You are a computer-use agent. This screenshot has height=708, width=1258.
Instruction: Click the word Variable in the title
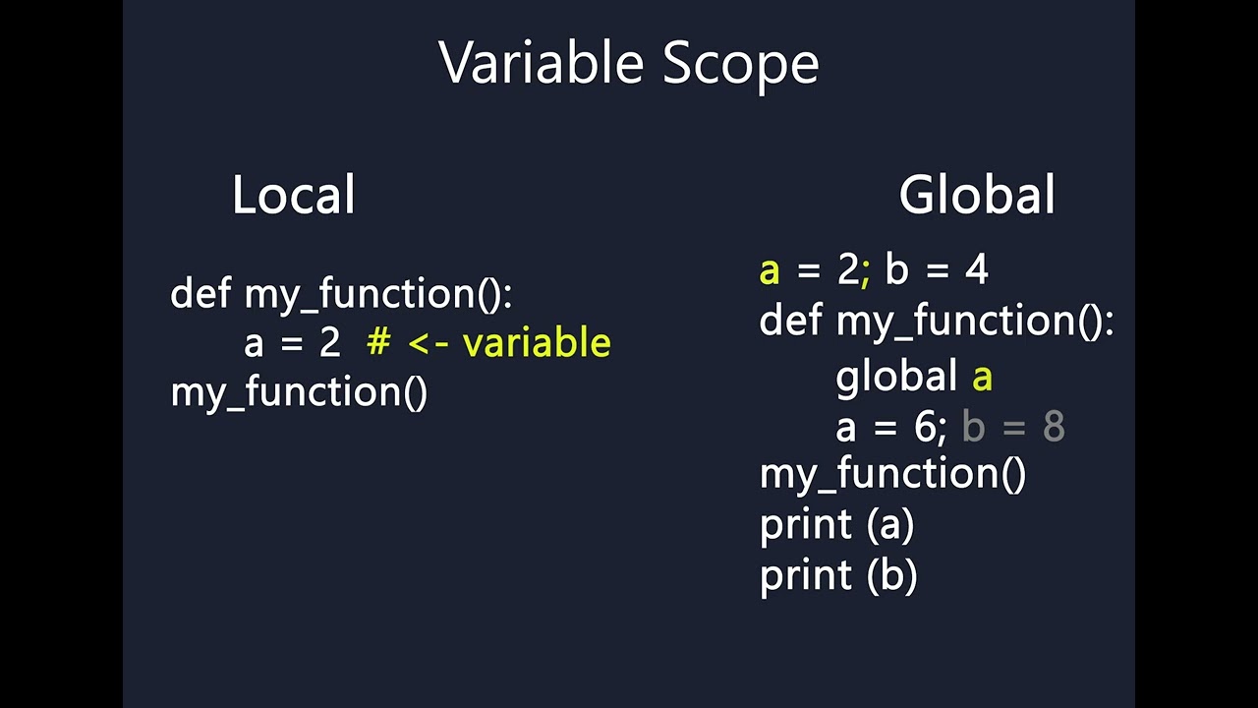click(541, 64)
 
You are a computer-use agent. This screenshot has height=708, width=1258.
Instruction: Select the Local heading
click(293, 195)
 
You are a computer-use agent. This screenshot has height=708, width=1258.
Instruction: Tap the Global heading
click(976, 195)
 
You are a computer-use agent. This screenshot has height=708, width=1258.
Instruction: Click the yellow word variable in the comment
click(537, 343)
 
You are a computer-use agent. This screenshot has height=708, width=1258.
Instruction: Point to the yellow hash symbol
click(378, 343)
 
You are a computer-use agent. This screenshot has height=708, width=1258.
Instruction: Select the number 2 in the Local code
click(329, 343)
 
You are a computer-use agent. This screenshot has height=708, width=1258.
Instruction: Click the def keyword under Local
click(200, 293)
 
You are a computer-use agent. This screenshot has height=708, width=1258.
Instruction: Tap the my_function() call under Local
click(299, 392)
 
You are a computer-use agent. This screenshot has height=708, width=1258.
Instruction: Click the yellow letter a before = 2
click(770, 270)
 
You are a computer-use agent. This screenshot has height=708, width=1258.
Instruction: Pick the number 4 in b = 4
click(976, 270)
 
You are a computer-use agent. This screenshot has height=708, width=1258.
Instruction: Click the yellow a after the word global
click(982, 378)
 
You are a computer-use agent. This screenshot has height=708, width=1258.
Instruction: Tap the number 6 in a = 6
click(924, 428)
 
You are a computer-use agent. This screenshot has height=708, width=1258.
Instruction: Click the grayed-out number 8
click(1053, 428)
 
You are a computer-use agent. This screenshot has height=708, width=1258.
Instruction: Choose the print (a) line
click(836, 525)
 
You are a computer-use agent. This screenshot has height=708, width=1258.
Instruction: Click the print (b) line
click(837, 575)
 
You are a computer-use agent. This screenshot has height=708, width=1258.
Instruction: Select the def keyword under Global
click(790, 321)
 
